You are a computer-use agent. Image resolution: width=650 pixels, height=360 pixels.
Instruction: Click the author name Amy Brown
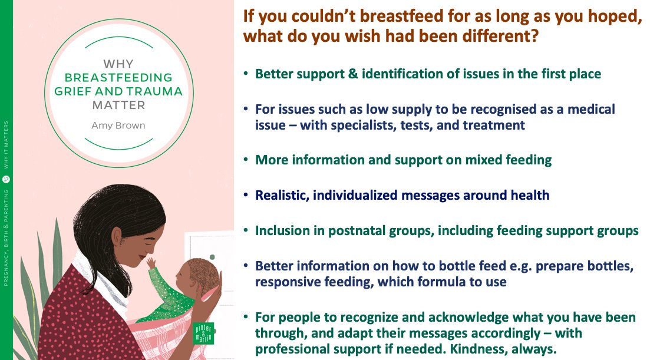click(118, 125)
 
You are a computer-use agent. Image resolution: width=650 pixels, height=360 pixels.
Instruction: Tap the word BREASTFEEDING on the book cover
click(118, 77)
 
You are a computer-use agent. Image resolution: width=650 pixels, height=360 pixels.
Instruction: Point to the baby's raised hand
click(151, 262)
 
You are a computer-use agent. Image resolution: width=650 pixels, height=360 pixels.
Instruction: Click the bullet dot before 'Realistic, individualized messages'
click(246, 196)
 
